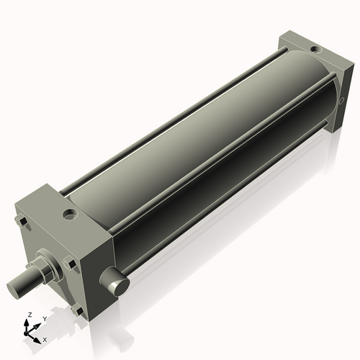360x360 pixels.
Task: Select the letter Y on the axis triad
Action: pyautogui.click(x=44, y=318)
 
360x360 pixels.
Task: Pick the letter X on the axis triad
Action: pyautogui.click(x=45, y=338)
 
